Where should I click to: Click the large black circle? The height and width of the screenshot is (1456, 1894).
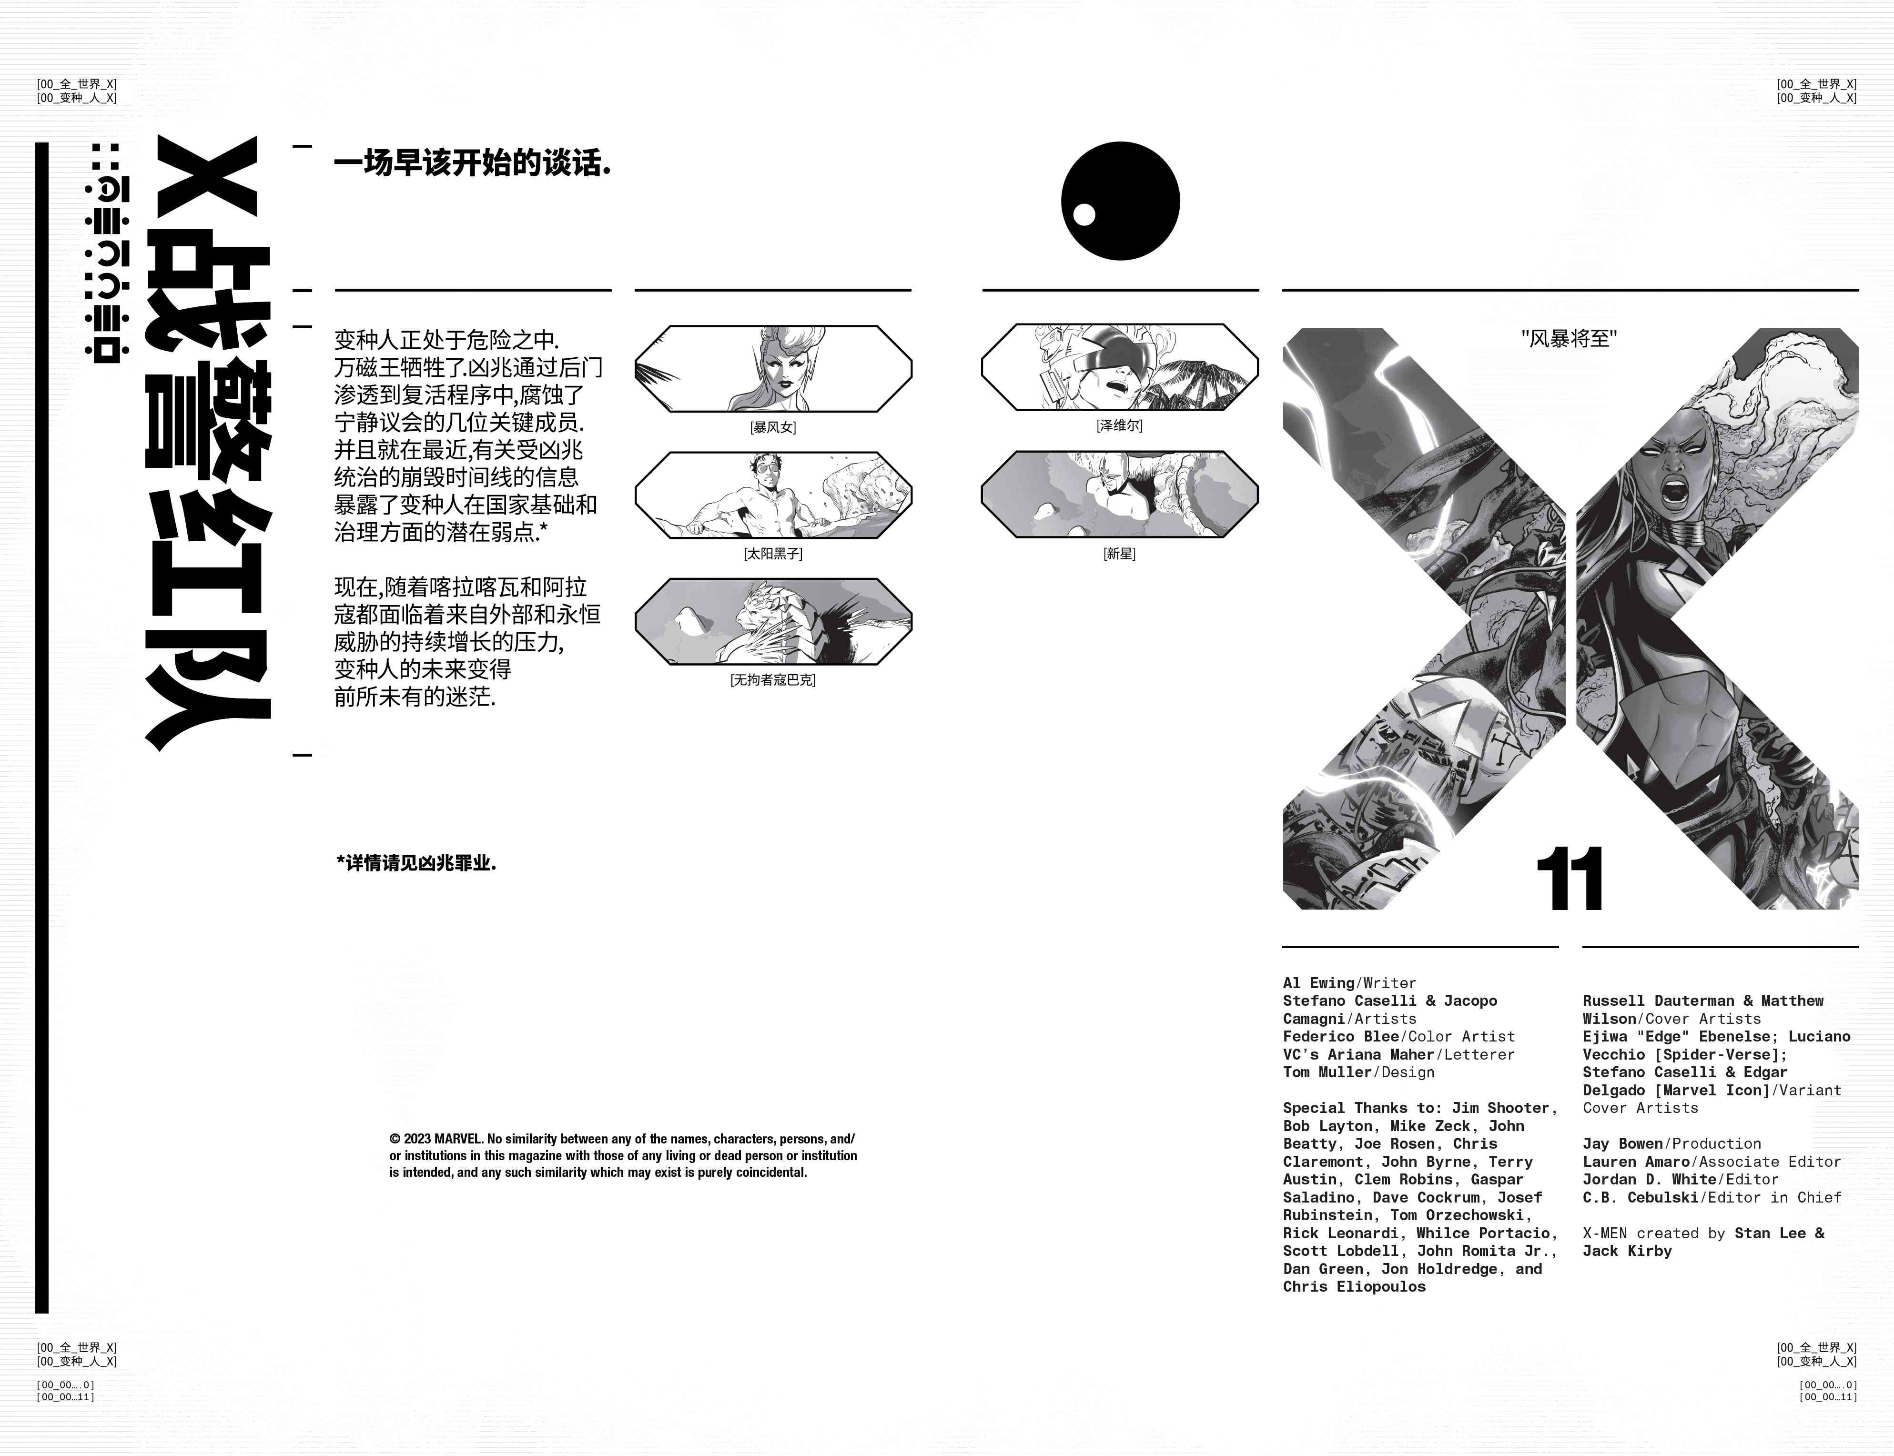pos(1120,201)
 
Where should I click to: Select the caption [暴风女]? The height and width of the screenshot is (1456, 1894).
pos(772,427)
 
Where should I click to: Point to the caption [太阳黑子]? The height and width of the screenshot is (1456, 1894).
pos(772,554)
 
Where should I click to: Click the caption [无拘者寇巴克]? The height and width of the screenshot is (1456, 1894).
pos(772,680)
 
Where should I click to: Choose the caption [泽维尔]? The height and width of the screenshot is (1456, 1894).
pos(1119,425)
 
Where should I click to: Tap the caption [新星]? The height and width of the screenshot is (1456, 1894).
pos(1119,554)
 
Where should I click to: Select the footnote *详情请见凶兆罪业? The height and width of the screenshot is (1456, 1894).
pos(416,863)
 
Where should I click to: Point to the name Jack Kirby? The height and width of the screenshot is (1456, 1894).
pos(1627,1251)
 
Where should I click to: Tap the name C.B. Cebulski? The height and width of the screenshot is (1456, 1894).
pos(1641,1197)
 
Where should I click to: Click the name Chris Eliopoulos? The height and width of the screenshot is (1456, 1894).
pos(1354,1286)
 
